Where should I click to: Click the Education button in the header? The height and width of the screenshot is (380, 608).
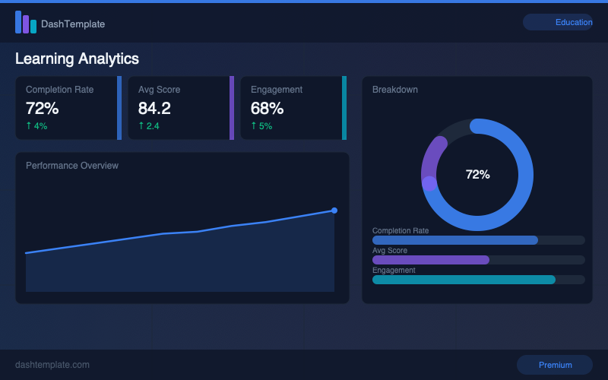pyautogui.click(x=558, y=22)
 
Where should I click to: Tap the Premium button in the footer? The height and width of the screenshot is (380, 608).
pyautogui.click(x=555, y=365)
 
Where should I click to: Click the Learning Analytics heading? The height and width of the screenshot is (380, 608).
pyautogui.click(x=77, y=59)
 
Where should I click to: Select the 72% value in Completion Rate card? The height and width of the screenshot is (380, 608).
pyautogui.click(x=43, y=108)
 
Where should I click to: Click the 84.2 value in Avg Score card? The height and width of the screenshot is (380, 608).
pyautogui.click(x=154, y=108)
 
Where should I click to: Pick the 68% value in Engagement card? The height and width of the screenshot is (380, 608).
pyautogui.click(x=267, y=108)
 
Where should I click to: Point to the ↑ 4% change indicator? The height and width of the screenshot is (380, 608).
pyautogui.click(x=36, y=126)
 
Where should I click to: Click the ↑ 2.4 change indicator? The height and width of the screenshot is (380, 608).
pyautogui.click(x=149, y=126)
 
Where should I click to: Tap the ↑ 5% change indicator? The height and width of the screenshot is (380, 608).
pyautogui.click(x=261, y=126)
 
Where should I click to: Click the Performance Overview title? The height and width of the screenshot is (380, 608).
pyautogui.click(x=72, y=166)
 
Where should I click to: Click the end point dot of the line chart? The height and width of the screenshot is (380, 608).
pyautogui.click(x=334, y=211)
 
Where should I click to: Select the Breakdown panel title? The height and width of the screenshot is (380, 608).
pyautogui.click(x=394, y=90)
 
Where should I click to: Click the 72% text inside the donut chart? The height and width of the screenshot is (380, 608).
pyautogui.click(x=477, y=175)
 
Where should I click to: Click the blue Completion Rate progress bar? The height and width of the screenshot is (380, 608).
pyautogui.click(x=454, y=240)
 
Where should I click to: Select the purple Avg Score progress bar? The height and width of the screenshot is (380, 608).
pyautogui.click(x=430, y=260)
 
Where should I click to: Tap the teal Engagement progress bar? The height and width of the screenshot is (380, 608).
pyautogui.click(x=464, y=280)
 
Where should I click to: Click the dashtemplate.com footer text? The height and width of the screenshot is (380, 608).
pyautogui.click(x=52, y=365)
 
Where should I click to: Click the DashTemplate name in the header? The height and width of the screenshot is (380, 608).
pyautogui.click(x=73, y=24)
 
